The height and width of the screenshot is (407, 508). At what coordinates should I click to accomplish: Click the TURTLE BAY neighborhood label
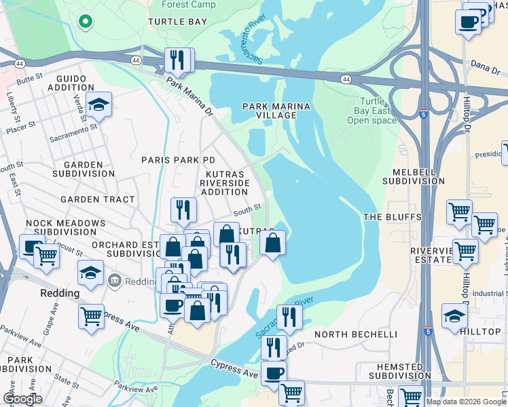(x=177, y=22)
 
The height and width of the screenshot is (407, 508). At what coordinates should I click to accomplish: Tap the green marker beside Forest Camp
(x=85, y=21)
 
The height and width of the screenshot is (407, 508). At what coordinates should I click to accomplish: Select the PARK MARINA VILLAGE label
(x=276, y=111)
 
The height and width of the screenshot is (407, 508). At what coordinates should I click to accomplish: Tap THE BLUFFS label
(x=393, y=217)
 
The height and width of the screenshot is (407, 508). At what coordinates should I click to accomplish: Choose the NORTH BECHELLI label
(x=355, y=334)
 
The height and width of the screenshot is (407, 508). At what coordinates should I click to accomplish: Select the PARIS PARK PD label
(x=178, y=159)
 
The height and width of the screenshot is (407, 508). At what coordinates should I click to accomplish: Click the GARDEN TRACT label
(x=97, y=199)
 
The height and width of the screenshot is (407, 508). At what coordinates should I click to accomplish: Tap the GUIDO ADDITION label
(x=71, y=83)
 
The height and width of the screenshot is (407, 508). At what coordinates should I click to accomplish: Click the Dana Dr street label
(x=485, y=65)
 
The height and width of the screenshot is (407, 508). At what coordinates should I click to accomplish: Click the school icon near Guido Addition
(x=98, y=104)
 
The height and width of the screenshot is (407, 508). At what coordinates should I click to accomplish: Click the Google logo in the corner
(x=22, y=399)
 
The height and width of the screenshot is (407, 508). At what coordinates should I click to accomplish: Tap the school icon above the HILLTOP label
(x=454, y=315)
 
